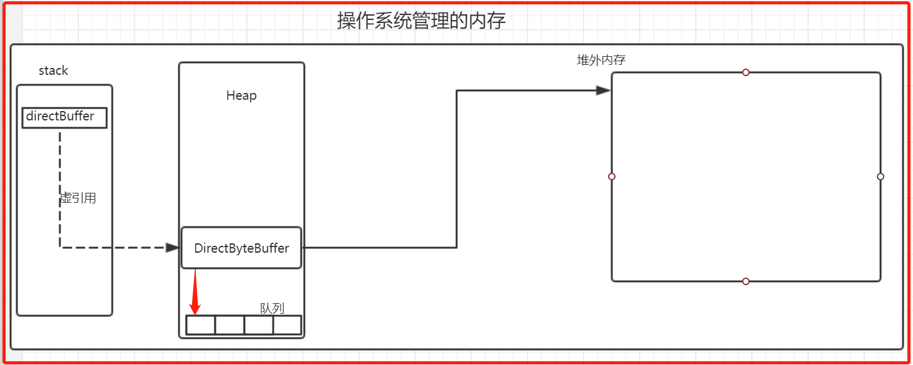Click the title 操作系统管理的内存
click(x=421, y=21)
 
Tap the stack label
click(x=53, y=71)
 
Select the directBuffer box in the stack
click(x=64, y=117)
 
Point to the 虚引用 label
click(x=78, y=198)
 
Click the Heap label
click(x=241, y=95)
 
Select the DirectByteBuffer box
click(x=241, y=248)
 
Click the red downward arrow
click(x=195, y=293)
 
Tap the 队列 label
click(x=272, y=308)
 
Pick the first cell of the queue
click(x=201, y=325)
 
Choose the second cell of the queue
click(x=229, y=325)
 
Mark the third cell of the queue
click(x=259, y=325)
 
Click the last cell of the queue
click(x=287, y=325)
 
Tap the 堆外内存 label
click(x=601, y=61)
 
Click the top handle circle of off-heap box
click(x=745, y=72)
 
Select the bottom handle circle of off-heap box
click(x=745, y=281)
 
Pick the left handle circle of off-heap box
click(x=612, y=177)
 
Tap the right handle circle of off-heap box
click(x=880, y=177)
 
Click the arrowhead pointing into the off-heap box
click(x=602, y=90)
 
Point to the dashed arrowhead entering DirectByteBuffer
click(x=172, y=248)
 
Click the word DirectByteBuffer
click(x=241, y=248)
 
